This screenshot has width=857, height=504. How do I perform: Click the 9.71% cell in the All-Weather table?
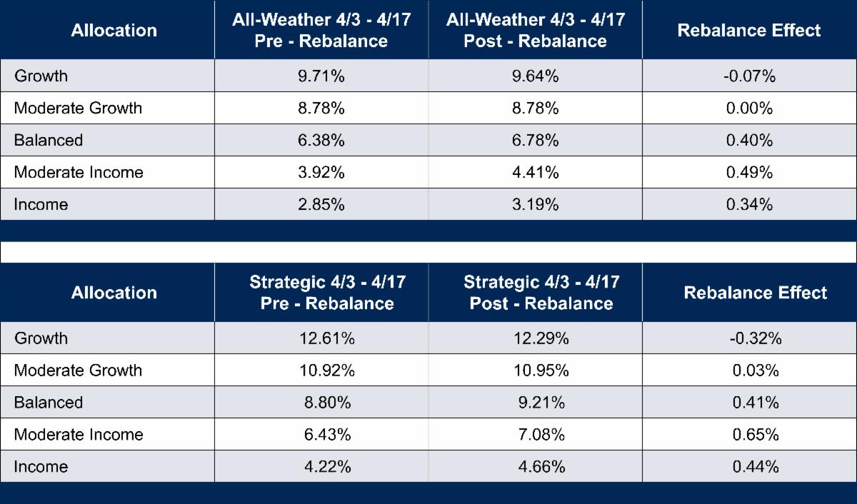click(321, 76)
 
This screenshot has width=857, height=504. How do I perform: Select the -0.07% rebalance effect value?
click(749, 76)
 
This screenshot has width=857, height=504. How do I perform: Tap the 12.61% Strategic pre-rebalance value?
click(327, 338)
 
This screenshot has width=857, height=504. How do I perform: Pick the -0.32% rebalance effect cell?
click(756, 338)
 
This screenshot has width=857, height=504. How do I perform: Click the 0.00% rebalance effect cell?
click(749, 108)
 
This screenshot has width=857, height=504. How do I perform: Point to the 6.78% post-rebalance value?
click(535, 140)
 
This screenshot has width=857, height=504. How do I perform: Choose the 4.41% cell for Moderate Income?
click(535, 172)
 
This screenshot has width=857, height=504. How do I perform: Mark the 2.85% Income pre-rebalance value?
click(321, 204)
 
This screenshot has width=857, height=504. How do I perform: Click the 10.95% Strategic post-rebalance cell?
click(541, 371)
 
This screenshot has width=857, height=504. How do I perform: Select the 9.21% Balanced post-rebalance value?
click(541, 403)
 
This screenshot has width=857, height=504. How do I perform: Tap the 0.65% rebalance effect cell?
click(756, 435)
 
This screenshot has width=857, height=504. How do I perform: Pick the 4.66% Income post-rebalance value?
click(541, 467)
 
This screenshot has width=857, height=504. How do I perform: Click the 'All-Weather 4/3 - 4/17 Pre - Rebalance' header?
click(321, 30)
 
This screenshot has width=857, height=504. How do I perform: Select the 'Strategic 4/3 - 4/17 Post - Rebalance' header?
click(541, 293)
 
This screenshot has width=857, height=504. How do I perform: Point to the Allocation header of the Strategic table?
click(114, 293)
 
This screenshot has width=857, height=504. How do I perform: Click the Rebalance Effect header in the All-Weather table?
click(749, 30)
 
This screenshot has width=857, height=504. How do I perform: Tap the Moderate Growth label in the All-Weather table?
click(78, 108)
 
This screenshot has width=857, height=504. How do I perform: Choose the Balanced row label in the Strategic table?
click(48, 403)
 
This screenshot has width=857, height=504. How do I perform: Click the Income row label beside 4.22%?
click(41, 467)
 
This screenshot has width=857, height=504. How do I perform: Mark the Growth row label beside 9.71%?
click(41, 76)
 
